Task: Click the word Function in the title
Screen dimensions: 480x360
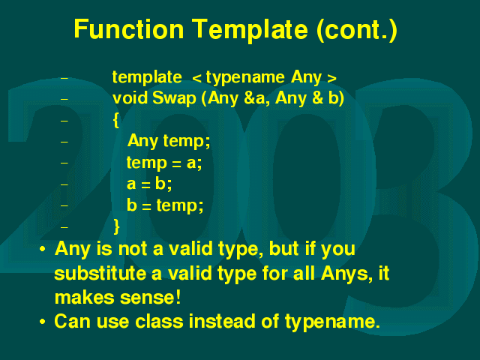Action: tap(128, 28)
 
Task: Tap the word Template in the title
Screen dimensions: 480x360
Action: tap(250, 29)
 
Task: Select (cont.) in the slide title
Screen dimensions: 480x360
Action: tap(357, 30)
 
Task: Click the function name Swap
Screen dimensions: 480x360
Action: tap(174, 98)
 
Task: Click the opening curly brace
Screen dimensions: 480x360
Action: tap(116, 120)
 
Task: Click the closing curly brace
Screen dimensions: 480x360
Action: tap(116, 226)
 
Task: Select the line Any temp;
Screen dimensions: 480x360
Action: tap(169, 141)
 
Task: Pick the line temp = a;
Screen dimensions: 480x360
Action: tap(164, 163)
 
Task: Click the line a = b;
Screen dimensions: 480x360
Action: tap(149, 184)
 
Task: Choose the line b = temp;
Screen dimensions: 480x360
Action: tap(165, 205)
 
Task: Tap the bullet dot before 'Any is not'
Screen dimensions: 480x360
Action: tap(43, 249)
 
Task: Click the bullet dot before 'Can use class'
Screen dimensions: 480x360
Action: tap(43, 322)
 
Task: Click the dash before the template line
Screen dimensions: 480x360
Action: tap(64, 78)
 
